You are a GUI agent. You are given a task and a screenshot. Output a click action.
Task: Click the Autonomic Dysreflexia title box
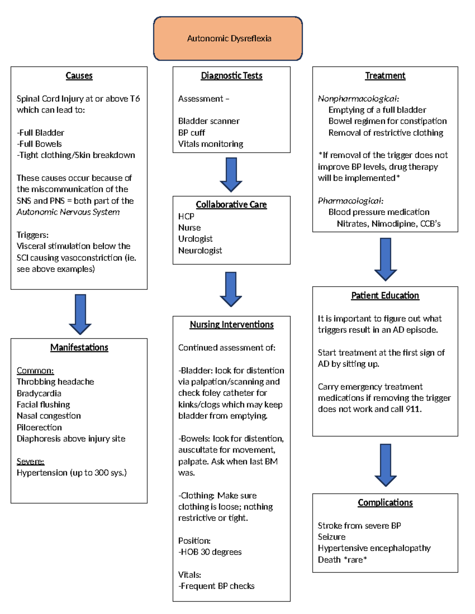coord(228,38)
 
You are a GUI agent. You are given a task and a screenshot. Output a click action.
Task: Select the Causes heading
coord(79,76)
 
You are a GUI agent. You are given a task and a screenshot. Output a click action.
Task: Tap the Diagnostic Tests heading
coord(232,76)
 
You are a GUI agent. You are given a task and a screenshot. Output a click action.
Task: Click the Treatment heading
coord(385,76)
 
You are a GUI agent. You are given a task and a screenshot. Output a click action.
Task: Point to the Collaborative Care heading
coord(231,204)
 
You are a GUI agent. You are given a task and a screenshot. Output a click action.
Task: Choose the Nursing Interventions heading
coord(232,325)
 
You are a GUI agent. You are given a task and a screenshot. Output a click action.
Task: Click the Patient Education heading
coord(385,295)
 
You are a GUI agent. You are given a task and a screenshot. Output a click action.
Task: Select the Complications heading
coord(385,503)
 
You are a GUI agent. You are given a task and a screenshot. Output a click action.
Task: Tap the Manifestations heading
coord(79,348)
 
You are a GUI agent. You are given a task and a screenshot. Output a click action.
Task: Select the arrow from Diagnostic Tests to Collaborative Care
coord(231,174)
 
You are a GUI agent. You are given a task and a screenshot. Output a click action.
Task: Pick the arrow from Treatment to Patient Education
coord(386,259)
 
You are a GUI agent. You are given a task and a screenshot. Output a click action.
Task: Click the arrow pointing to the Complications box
coord(386,465)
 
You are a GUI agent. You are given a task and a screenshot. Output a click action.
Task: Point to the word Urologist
coord(195,239)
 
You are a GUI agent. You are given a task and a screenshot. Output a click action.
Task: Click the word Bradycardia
coord(39,393)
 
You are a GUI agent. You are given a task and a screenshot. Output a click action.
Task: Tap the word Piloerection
coord(39,427)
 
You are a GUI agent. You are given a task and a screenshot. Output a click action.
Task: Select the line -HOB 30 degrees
coord(210,552)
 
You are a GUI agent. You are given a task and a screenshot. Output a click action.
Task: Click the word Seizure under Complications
coord(332,537)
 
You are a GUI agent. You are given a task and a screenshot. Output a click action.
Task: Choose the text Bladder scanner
coord(209,121)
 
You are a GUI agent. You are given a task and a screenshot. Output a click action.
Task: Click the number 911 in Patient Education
coord(413,409)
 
